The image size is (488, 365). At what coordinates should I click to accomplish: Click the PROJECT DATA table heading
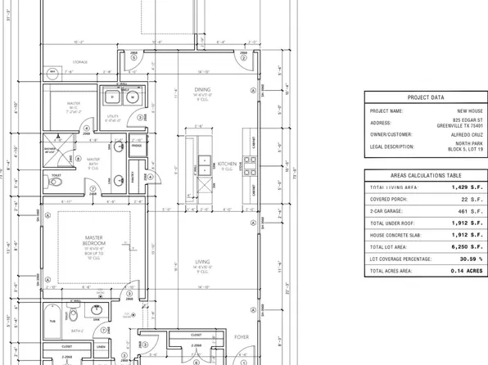click(424, 96)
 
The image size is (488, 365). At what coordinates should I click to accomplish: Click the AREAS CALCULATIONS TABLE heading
click(424, 176)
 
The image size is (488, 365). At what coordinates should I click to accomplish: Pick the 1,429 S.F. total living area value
click(464, 188)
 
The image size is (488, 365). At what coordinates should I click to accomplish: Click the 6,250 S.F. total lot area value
click(464, 246)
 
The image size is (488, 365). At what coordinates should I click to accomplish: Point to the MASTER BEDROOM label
click(92, 241)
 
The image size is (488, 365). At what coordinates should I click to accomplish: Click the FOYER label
click(242, 336)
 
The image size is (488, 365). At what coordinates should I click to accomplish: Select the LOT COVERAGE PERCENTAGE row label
click(404, 259)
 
